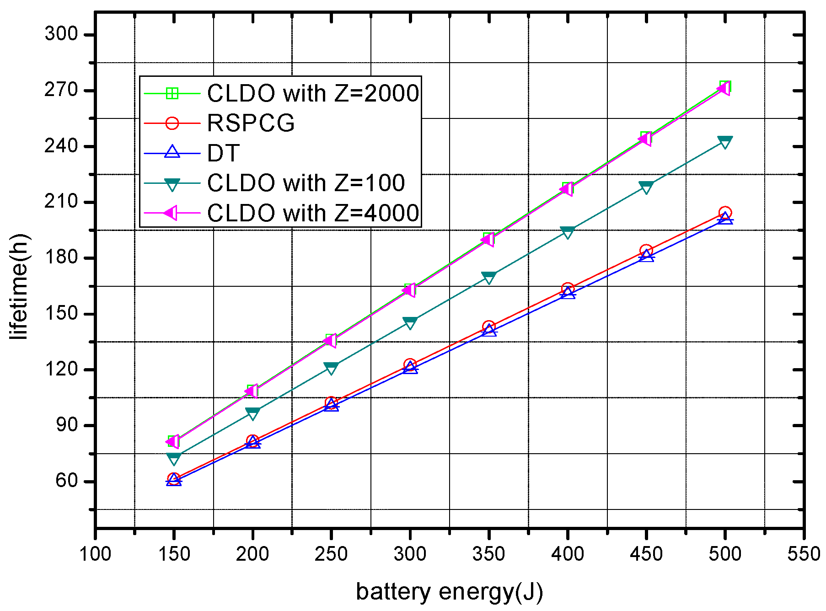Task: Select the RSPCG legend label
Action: pyautogui.click(x=251, y=123)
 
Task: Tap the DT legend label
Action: pyautogui.click(x=223, y=153)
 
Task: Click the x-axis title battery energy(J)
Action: pyautogui.click(x=449, y=592)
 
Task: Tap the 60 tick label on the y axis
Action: pyautogui.click(x=67, y=481)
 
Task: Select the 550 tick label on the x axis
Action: pyautogui.click(x=803, y=554)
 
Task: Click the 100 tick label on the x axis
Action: pyautogui.click(x=95, y=554)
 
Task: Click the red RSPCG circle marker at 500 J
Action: pyautogui.click(x=725, y=213)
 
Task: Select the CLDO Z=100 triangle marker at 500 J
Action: pyautogui.click(x=725, y=142)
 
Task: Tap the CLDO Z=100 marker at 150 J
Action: pyautogui.click(x=174, y=458)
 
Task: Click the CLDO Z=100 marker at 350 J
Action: pyautogui.click(x=489, y=278)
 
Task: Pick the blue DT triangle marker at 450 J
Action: pyautogui.click(x=646, y=257)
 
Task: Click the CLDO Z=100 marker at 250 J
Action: pyautogui.click(x=331, y=368)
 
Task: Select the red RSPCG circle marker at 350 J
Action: pyautogui.click(x=489, y=327)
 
